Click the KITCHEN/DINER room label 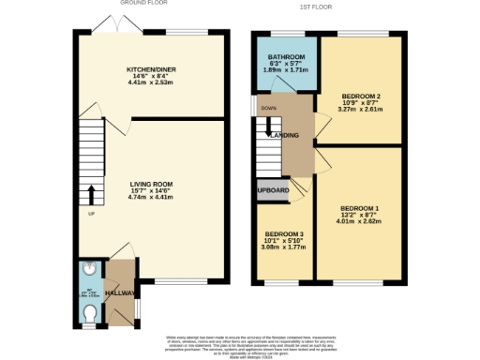point(151,70)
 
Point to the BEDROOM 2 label point(360,97)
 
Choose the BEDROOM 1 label point(359,207)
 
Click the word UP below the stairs point(90,215)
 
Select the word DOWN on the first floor point(268,108)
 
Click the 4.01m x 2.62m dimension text point(359,222)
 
